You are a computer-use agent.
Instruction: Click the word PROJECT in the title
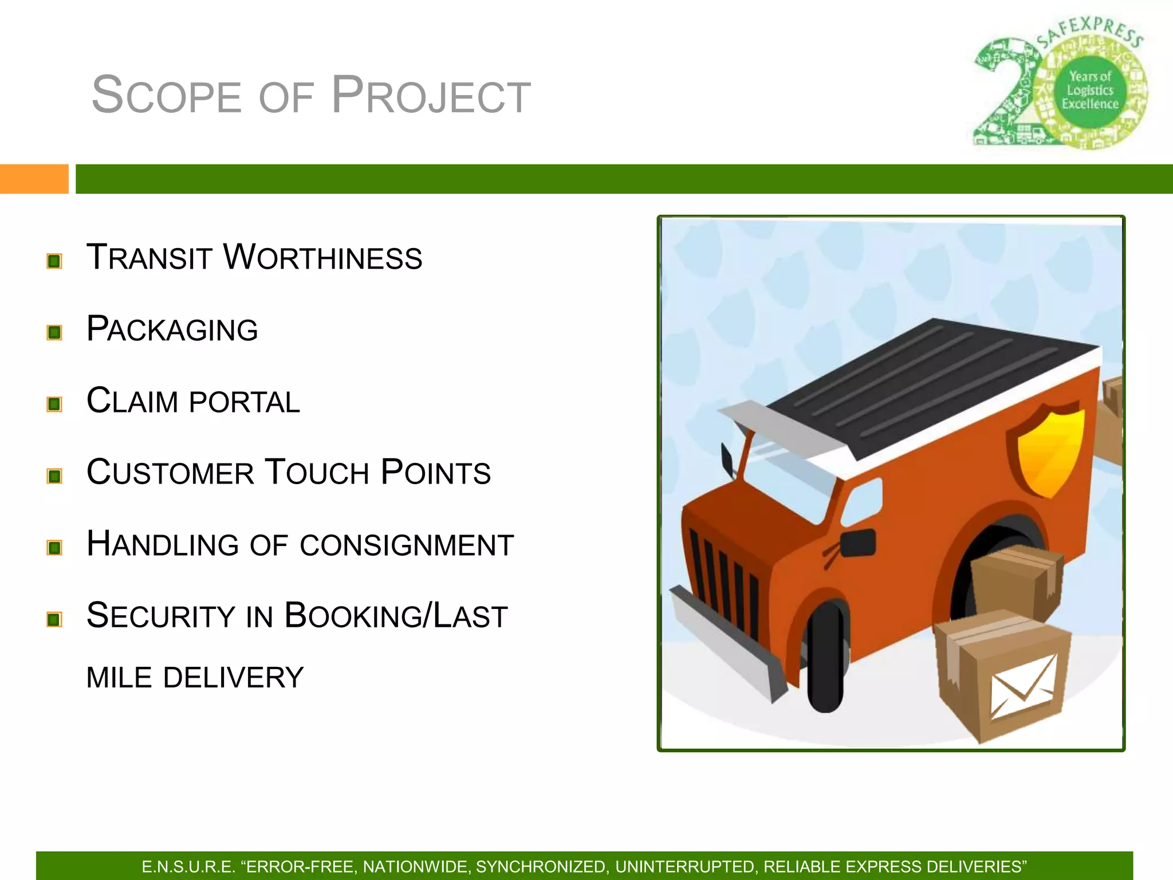431,96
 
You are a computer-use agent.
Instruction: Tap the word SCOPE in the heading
167,96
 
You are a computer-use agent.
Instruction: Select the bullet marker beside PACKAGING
54,332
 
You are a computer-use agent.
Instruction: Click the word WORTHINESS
322,257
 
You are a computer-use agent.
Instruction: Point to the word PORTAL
245,402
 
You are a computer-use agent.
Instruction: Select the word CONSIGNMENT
407,545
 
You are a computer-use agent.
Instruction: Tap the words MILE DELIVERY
195,678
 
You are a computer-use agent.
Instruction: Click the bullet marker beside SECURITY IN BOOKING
54,619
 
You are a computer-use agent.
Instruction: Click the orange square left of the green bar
34,179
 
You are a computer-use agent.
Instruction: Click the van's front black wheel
826,656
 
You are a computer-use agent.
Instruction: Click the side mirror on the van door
857,543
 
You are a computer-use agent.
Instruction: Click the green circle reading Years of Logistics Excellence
1090,91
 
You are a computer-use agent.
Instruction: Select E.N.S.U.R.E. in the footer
188,867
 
